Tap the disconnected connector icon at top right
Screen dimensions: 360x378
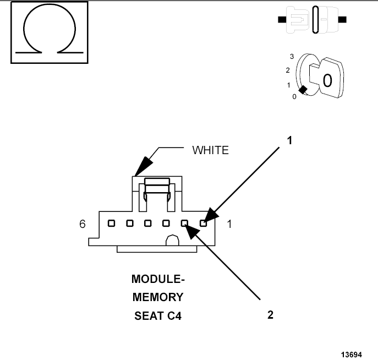(x=313, y=20)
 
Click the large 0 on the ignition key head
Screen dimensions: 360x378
(x=327, y=81)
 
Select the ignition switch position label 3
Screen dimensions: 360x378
(x=292, y=57)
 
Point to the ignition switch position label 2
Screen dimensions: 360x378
(x=287, y=70)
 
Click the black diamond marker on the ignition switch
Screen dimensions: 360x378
(x=302, y=90)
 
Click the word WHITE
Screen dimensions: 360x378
(x=210, y=150)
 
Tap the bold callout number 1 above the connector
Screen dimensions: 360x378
(x=289, y=140)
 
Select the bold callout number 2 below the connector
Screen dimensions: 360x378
(x=270, y=315)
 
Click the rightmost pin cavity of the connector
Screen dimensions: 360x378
(x=204, y=223)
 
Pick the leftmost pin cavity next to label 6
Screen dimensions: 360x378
(x=111, y=223)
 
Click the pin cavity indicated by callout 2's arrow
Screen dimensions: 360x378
(x=185, y=223)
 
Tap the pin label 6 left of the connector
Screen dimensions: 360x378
(x=83, y=225)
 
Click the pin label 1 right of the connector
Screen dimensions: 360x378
(x=229, y=225)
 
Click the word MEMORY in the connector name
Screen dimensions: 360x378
(x=158, y=297)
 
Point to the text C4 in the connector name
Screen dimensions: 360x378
(x=173, y=316)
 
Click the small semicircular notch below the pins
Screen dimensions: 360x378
(x=171, y=241)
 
